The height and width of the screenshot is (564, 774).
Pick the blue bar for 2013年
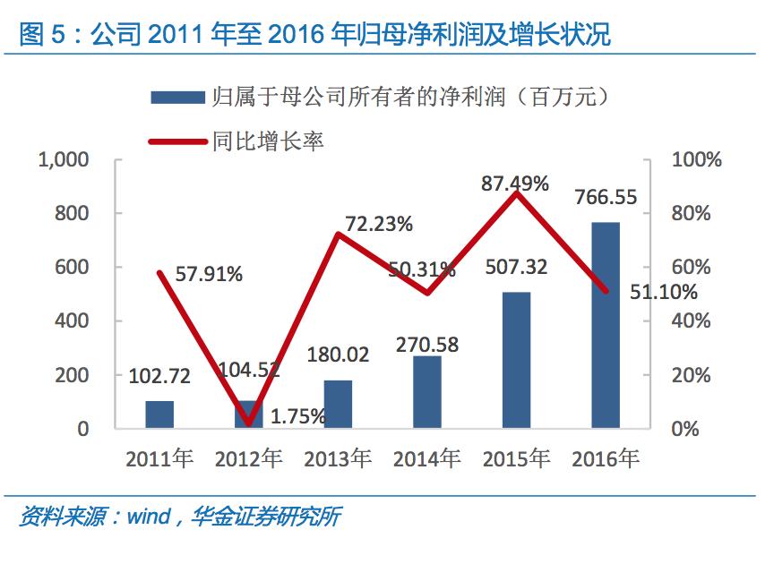click(338, 404)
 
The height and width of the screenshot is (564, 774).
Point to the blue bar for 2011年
click(159, 414)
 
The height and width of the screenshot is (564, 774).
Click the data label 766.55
click(606, 197)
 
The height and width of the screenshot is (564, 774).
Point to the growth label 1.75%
click(298, 416)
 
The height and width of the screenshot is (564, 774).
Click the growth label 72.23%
click(379, 224)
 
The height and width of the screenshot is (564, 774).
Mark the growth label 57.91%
click(209, 274)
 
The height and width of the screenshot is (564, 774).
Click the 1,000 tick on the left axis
click(64, 160)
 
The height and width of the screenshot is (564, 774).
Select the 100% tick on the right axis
click(696, 160)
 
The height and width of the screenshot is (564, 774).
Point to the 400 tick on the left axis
click(72, 320)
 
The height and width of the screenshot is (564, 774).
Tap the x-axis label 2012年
click(248, 459)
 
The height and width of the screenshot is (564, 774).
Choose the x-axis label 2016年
click(606, 459)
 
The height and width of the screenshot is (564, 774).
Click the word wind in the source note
click(147, 517)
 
